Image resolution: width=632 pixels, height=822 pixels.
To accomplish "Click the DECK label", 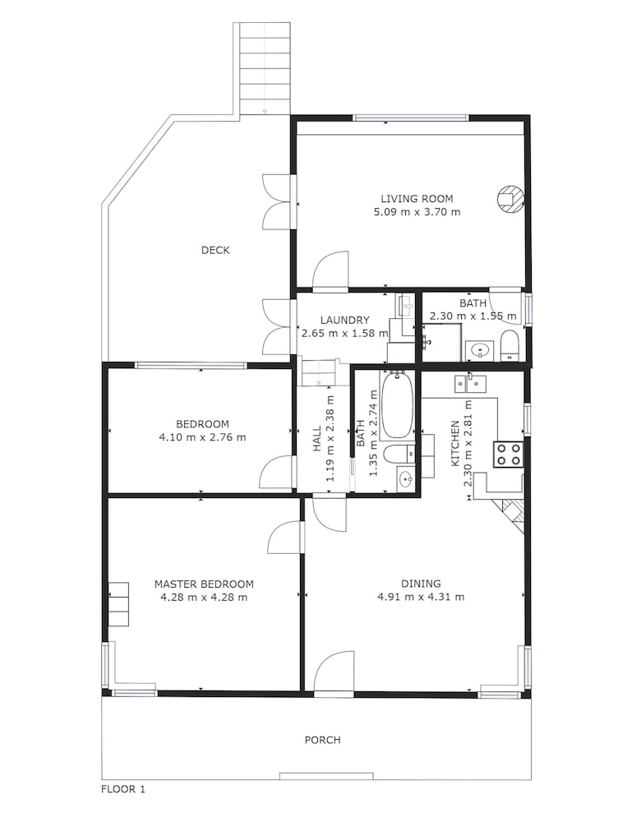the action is (x=215, y=250).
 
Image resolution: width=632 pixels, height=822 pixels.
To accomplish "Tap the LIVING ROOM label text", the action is (x=417, y=199).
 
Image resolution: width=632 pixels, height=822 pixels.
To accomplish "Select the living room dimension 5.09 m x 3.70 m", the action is (x=417, y=212).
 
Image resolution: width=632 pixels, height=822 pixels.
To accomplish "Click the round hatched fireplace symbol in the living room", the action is (x=510, y=199).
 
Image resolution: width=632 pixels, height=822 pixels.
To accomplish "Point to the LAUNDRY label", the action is (x=345, y=320).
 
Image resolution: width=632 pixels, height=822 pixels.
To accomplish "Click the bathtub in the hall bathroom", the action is (x=397, y=404).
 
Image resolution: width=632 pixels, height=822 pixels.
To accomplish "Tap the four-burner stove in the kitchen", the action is (x=508, y=454).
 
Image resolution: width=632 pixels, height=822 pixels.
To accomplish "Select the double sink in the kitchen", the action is (x=469, y=383).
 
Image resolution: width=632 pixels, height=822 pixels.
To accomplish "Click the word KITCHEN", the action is (x=454, y=444).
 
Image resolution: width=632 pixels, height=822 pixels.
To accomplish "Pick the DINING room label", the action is (x=421, y=584).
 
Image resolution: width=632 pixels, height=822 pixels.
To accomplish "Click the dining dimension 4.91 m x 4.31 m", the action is (x=421, y=597).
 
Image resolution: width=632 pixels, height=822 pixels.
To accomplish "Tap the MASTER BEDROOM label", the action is (x=204, y=584).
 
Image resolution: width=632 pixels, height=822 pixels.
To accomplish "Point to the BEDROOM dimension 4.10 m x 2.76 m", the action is (x=202, y=437).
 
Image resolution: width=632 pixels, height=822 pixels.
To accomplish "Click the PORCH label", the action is (x=323, y=740).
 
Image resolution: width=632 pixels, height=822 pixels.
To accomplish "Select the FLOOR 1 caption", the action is (x=123, y=789).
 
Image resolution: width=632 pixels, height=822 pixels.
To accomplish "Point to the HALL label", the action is (x=317, y=439).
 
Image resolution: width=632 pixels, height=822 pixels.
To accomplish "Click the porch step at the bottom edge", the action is (x=326, y=776).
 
